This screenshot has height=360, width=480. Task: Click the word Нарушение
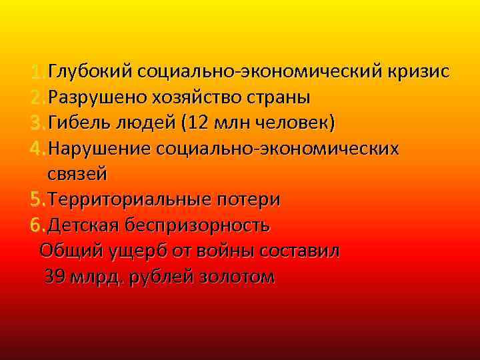coord(99,148)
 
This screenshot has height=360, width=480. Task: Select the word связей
coord(77,173)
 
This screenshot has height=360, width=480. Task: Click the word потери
coord(248,199)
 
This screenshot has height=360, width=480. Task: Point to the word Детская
coord(83,225)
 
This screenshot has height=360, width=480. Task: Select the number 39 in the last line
coord(55,277)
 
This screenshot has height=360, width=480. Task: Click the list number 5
coord(36,199)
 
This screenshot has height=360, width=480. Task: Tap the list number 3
coord(36,123)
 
